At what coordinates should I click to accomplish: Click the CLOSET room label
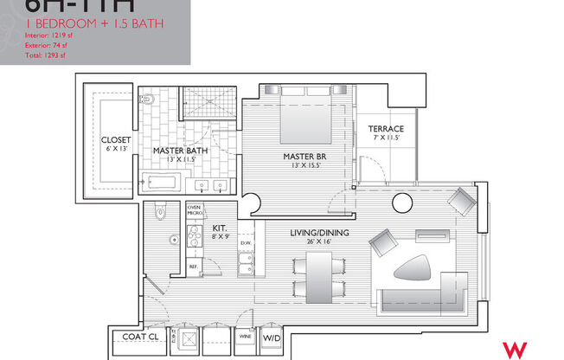[115, 140]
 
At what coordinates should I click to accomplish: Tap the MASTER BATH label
[177, 150]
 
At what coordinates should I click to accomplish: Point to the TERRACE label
[385, 130]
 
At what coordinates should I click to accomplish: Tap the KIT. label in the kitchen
[221, 229]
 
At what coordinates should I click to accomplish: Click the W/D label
[272, 337]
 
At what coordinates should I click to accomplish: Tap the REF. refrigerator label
[194, 267]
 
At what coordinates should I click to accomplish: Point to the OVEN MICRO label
[195, 210]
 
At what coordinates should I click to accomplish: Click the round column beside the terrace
[402, 203]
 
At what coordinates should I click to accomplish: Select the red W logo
[517, 348]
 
